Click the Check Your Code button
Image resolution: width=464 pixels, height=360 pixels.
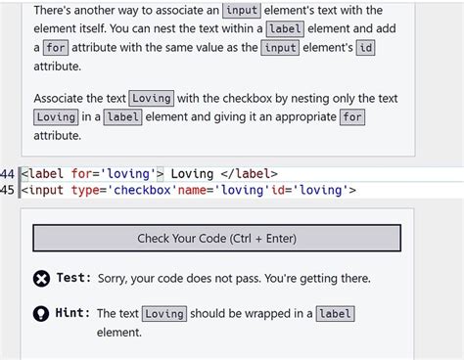[x=216, y=238]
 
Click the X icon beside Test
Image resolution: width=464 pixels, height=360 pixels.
[x=41, y=279]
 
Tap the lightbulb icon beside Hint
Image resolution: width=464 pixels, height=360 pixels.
[x=41, y=314]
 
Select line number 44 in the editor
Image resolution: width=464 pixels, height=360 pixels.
[x=7, y=174]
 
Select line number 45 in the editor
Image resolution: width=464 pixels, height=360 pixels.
[x=7, y=190]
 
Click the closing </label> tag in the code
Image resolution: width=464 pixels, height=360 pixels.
[x=249, y=174]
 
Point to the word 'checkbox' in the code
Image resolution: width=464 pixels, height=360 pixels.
[x=142, y=190]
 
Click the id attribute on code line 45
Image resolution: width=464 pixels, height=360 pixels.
[x=278, y=190]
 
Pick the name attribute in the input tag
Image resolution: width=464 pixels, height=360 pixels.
[x=192, y=190]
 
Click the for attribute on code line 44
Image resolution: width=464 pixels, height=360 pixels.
[x=82, y=174]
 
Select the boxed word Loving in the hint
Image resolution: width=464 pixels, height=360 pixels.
[x=164, y=314]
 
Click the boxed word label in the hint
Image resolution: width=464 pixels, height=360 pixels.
[x=335, y=314]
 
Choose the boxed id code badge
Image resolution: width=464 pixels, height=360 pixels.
[x=365, y=48]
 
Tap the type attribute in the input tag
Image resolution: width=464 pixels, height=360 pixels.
[x=85, y=190]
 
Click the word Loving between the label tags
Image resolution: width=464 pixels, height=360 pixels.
[x=192, y=174]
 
